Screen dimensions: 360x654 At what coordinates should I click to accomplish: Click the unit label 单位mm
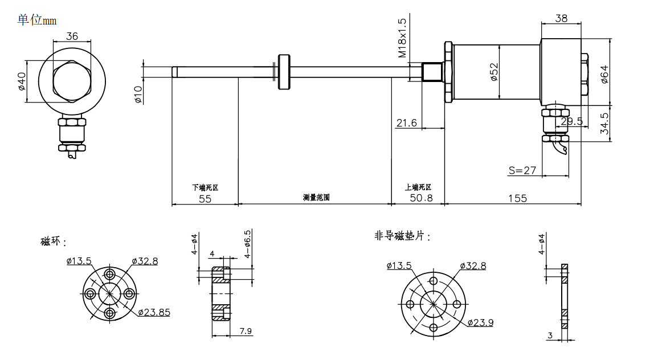pos(37,20)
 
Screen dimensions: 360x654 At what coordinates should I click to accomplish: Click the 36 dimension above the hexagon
pos(72,36)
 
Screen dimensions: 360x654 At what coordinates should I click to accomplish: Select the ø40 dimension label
pos(21,81)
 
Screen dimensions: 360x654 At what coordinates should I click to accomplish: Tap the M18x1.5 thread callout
pos(402,38)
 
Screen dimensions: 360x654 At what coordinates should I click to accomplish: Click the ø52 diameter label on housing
pos(494,72)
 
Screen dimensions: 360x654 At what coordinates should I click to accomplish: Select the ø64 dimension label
pos(604,74)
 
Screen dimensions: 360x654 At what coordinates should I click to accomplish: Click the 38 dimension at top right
pos(561,18)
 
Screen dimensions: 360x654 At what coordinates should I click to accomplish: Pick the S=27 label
pos(522,170)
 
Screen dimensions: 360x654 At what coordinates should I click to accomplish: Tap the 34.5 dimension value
pos(604,124)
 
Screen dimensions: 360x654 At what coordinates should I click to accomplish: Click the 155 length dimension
pos(517,198)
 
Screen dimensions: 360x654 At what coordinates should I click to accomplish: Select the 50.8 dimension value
pos(421,198)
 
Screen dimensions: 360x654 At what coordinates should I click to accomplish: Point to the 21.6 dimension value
pos(406,123)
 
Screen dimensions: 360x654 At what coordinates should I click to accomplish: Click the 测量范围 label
pos(316,198)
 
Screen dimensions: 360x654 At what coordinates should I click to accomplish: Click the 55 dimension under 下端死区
pos(205,198)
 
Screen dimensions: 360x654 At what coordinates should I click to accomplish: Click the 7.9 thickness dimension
pos(246,330)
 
